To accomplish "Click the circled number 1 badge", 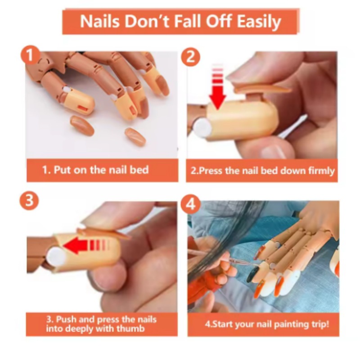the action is click(x=30, y=55).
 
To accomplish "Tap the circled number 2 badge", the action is click(x=190, y=57).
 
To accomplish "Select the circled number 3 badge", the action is click(x=29, y=200).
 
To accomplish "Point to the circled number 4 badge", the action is click(x=190, y=204).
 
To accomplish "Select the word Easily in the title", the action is click(x=259, y=22).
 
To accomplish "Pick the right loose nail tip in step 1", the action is click(x=135, y=136).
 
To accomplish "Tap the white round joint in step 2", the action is click(x=202, y=128).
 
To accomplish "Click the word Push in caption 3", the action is click(x=65, y=319).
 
